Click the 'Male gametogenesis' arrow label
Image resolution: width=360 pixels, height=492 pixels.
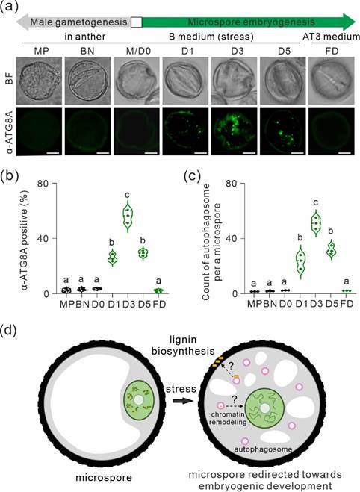pos(78,22)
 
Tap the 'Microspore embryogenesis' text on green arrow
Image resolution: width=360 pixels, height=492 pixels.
pos(251,22)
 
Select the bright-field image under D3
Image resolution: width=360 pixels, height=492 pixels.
pos(236,81)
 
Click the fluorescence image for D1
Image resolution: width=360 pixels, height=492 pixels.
pos(187,131)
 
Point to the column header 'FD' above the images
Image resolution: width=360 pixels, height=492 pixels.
pos(332,50)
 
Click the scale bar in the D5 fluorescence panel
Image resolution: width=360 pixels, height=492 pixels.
pos(298,153)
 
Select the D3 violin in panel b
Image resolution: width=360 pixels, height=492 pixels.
pos(128,217)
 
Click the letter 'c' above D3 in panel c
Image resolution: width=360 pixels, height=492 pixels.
pos(316,203)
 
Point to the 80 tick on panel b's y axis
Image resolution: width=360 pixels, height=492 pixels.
pos(43,183)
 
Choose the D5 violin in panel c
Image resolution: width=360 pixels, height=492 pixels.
pos(331,250)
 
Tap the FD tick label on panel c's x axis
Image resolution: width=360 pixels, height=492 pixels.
pos(347,304)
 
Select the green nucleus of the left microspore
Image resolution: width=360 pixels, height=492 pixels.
pos(138,400)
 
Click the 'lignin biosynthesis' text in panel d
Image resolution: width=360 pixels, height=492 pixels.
pos(183,345)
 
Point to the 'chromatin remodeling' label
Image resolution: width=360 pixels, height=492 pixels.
pos(228,419)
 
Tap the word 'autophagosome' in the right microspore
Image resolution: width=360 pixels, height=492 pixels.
pos(264,449)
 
